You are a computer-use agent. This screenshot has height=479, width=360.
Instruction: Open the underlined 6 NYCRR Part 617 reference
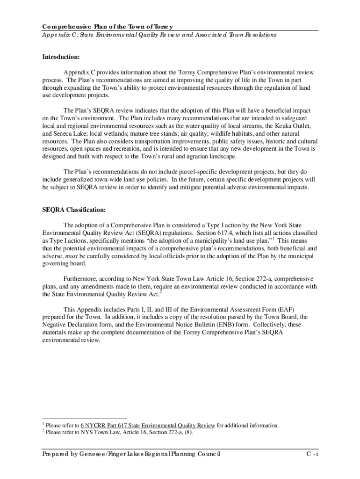[148, 426]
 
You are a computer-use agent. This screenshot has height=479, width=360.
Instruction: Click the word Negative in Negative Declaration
[55, 324]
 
